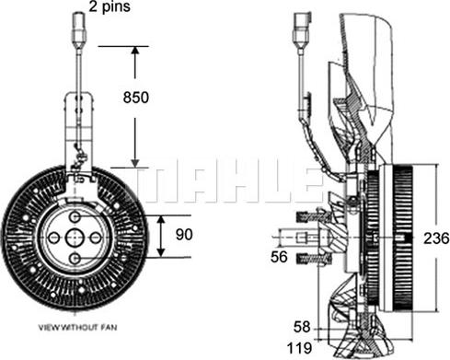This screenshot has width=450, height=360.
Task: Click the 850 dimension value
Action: (135, 98)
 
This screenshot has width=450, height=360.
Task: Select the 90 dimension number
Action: (184, 235)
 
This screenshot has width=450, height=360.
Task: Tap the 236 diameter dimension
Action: (436, 238)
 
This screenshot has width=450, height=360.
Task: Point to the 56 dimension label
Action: (279, 257)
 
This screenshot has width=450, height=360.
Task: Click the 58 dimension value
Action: (302, 327)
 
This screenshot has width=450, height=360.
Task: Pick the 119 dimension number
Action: (299, 348)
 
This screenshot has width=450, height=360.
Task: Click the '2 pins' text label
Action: (110, 6)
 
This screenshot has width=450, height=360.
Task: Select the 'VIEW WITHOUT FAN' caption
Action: (77, 328)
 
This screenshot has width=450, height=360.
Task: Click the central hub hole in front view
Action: (75, 238)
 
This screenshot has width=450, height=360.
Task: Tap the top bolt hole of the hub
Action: (75, 217)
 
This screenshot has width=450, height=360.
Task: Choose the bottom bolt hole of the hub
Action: (75, 259)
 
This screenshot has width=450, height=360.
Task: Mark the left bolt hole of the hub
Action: (54, 238)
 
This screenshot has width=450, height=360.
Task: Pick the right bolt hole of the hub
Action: (96, 238)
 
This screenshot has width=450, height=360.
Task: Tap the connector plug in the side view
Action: (302, 30)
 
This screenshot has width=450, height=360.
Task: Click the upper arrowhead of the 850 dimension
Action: (135, 52)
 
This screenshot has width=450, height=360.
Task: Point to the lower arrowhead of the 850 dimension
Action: (135, 162)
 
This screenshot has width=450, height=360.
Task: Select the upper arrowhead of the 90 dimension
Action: (161, 220)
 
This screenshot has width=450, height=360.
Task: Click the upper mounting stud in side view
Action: (314, 217)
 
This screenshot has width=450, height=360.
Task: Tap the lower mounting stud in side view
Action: (314, 259)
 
